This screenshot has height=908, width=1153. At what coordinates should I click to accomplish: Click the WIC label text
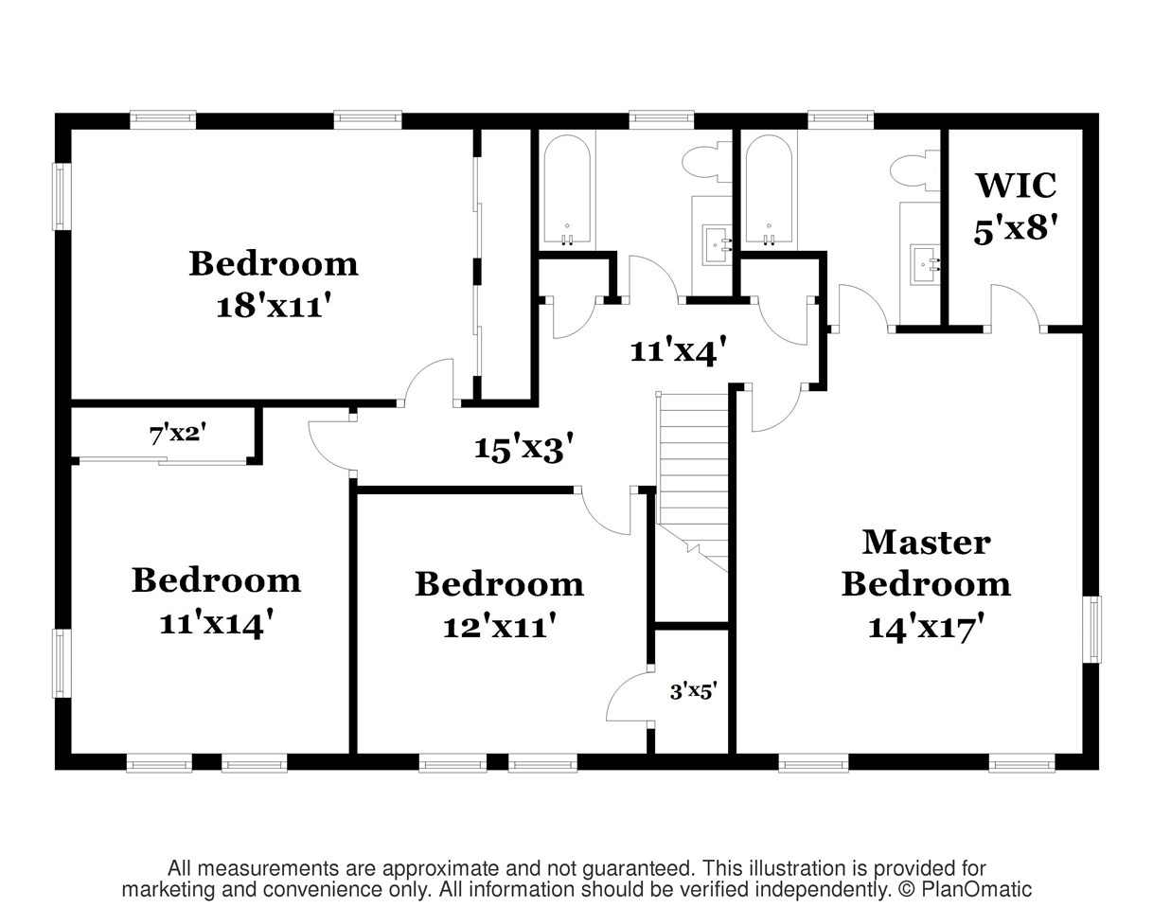click(x=1016, y=186)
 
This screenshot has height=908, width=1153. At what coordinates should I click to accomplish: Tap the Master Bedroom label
click(x=926, y=562)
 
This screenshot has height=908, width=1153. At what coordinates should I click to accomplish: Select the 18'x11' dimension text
click(x=273, y=307)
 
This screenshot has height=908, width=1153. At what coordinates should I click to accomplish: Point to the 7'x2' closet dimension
click(x=177, y=435)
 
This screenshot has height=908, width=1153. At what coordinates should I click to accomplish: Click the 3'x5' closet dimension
click(x=692, y=691)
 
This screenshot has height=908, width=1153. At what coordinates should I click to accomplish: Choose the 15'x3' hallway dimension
click(x=523, y=447)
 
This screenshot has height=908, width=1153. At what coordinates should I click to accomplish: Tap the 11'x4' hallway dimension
click(x=678, y=351)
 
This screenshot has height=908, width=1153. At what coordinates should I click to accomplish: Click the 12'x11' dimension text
click(x=499, y=626)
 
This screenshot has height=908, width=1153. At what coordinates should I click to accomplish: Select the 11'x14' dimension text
click(x=217, y=624)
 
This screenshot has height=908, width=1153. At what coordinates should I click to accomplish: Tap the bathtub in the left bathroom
click(x=567, y=189)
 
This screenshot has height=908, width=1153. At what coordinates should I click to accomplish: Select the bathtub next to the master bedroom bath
click(x=768, y=189)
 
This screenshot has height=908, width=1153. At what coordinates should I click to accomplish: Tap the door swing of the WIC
click(x=1016, y=306)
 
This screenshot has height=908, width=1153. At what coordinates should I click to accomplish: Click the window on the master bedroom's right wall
click(x=1092, y=629)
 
